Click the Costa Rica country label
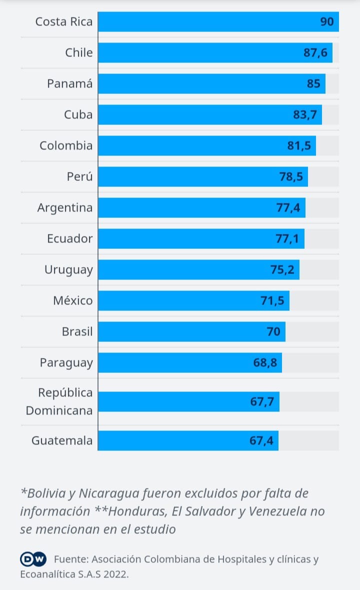[64, 22]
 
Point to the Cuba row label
[78, 114]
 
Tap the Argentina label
[65, 207]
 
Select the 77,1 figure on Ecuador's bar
[287, 238]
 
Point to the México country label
[73, 300]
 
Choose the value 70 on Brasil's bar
[273, 331]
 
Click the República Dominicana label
[59, 401]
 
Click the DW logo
[33, 559]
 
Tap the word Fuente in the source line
[71, 559]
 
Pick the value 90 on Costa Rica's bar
[327, 22]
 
